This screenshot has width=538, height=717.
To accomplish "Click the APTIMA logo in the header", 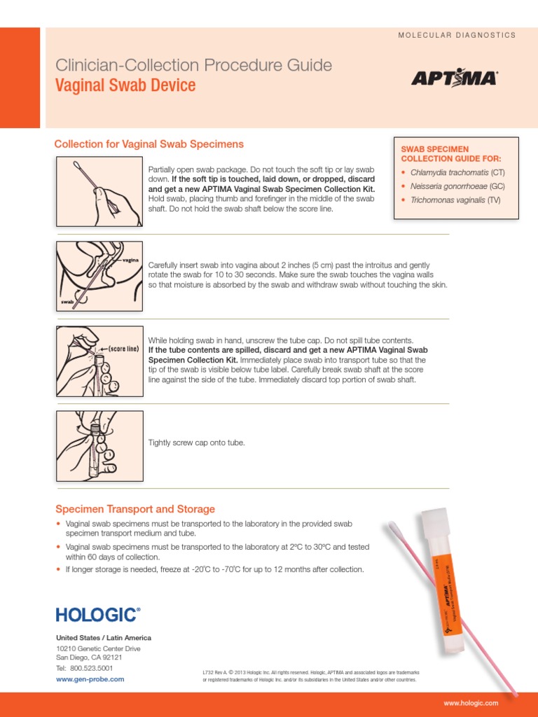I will click(454, 78).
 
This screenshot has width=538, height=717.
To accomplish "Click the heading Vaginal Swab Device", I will click(125, 86).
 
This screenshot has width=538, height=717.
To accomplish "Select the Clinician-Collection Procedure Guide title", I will click(193, 66).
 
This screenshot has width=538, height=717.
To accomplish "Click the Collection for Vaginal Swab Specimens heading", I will click(149, 144).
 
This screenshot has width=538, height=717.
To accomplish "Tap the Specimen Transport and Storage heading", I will click(135, 509).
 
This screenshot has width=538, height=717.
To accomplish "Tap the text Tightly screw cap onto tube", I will click(197, 443).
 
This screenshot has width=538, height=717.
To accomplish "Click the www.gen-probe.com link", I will click(90, 678).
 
